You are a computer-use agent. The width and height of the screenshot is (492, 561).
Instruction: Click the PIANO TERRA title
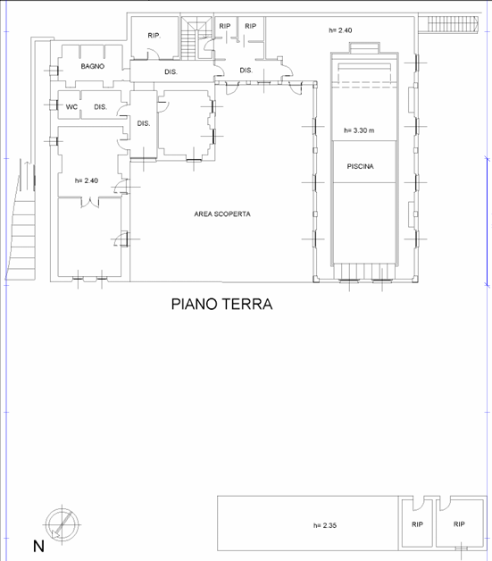(x=221, y=304)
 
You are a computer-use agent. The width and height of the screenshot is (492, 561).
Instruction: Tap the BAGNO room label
(x=93, y=66)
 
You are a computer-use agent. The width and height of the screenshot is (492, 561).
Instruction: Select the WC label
(x=71, y=107)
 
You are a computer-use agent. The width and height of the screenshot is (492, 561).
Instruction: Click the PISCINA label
(x=360, y=166)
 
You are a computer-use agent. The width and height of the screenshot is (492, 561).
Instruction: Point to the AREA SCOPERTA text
(x=222, y=214)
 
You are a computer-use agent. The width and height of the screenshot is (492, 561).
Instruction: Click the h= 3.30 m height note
(x=359, y=130)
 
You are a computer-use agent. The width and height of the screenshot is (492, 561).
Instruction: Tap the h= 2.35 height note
(x=325, y=525)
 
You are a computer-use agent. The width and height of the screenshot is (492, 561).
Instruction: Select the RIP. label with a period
(x=154, y=36)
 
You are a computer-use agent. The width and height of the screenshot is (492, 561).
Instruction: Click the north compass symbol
(x=63, y=524)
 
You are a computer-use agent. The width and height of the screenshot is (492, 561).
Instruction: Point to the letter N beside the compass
(x=38, y=547)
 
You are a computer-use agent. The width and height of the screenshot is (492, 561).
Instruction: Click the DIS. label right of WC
(x=101, y=107)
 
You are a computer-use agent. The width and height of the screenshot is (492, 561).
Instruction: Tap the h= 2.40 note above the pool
(x=340, y=30)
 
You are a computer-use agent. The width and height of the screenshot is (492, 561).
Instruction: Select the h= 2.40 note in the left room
(x=87, y=180)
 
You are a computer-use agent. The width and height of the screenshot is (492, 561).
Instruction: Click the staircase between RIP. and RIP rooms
(x=196, y=38)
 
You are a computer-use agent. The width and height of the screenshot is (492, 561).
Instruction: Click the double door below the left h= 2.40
(x=90, y=202)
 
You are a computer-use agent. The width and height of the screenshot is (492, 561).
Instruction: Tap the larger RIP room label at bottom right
(x=459, y=524)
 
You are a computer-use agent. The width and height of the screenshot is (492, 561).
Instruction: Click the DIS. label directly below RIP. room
(x=171, y=72)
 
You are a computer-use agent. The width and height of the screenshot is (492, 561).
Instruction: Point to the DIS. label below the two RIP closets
(x=246, y=71)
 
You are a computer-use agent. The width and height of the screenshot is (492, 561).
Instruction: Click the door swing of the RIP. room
(x=154, y=54)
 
